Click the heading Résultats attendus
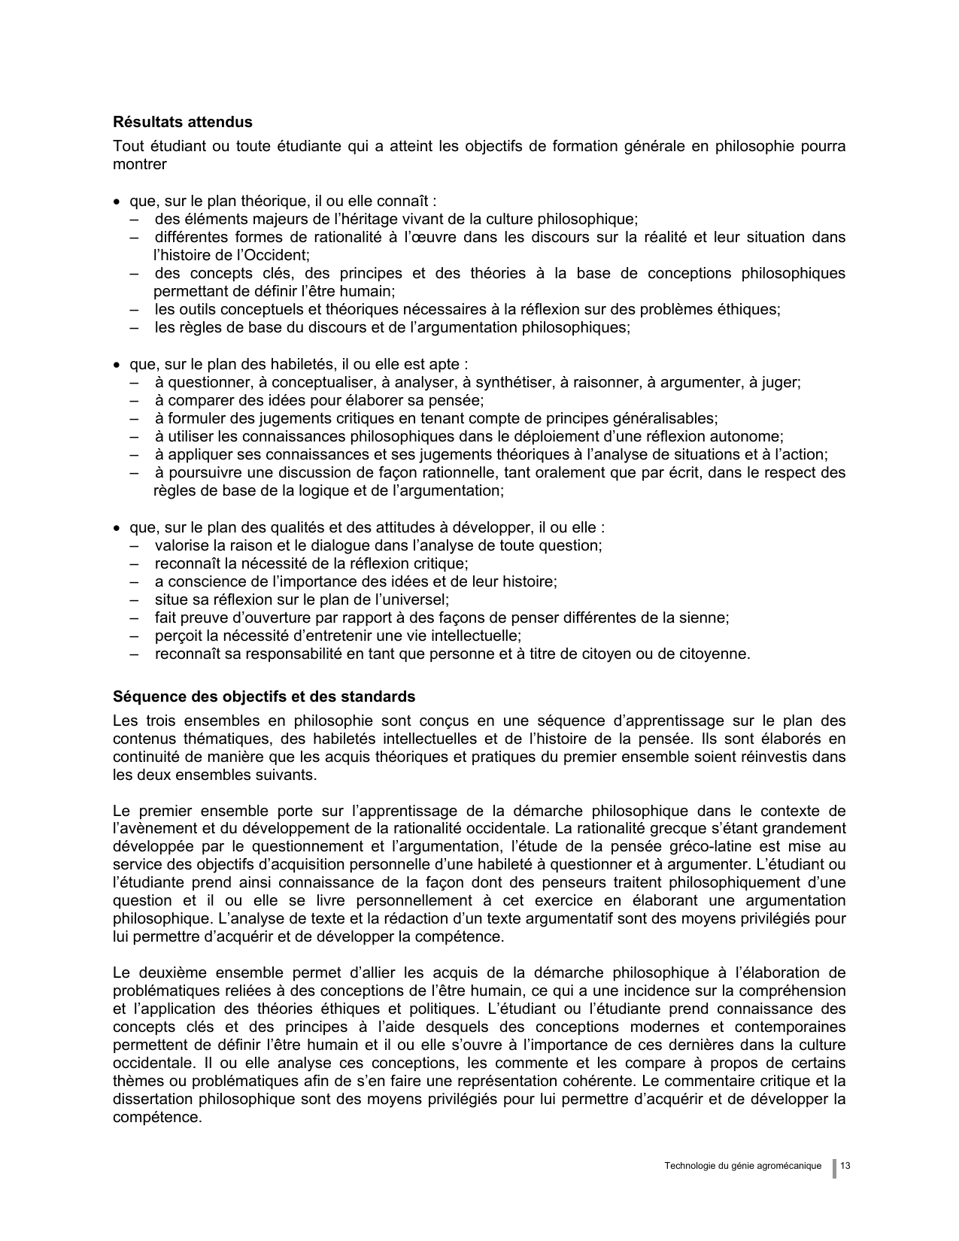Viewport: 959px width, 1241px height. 183,122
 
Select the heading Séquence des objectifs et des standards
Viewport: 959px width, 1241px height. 264,696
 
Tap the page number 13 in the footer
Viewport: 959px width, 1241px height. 845,1166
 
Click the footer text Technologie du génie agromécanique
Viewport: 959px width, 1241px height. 743,1166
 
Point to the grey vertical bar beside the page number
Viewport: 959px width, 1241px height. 834,1168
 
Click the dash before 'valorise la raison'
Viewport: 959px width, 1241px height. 135,546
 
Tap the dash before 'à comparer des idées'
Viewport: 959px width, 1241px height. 135,401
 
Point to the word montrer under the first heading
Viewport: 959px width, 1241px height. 140,164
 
